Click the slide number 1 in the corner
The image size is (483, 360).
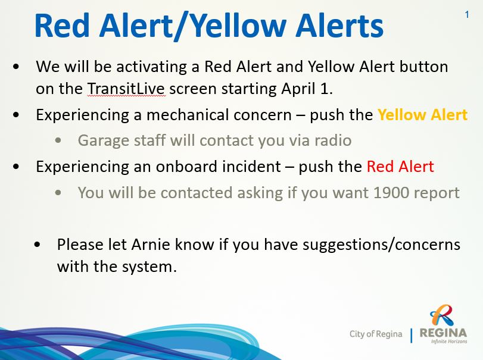(x=467, y=14)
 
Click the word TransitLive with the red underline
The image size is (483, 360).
(x=126, y=89)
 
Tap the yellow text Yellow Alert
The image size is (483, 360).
(x=423, y=115)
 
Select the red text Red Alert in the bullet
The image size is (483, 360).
(x=400, y=167)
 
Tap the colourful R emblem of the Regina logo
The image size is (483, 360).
(x=442, y=315)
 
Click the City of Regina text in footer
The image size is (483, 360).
(x=376, y=334)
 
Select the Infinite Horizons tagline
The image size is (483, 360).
(x=449, y=341)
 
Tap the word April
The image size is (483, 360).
(x=298, y=89)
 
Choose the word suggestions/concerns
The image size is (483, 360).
(x=381, y=245)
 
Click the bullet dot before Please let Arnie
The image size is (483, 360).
(x=38, y=245)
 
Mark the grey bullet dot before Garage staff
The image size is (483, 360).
(x=58, y=140)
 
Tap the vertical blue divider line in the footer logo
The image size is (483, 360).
(x=411, y=336)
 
